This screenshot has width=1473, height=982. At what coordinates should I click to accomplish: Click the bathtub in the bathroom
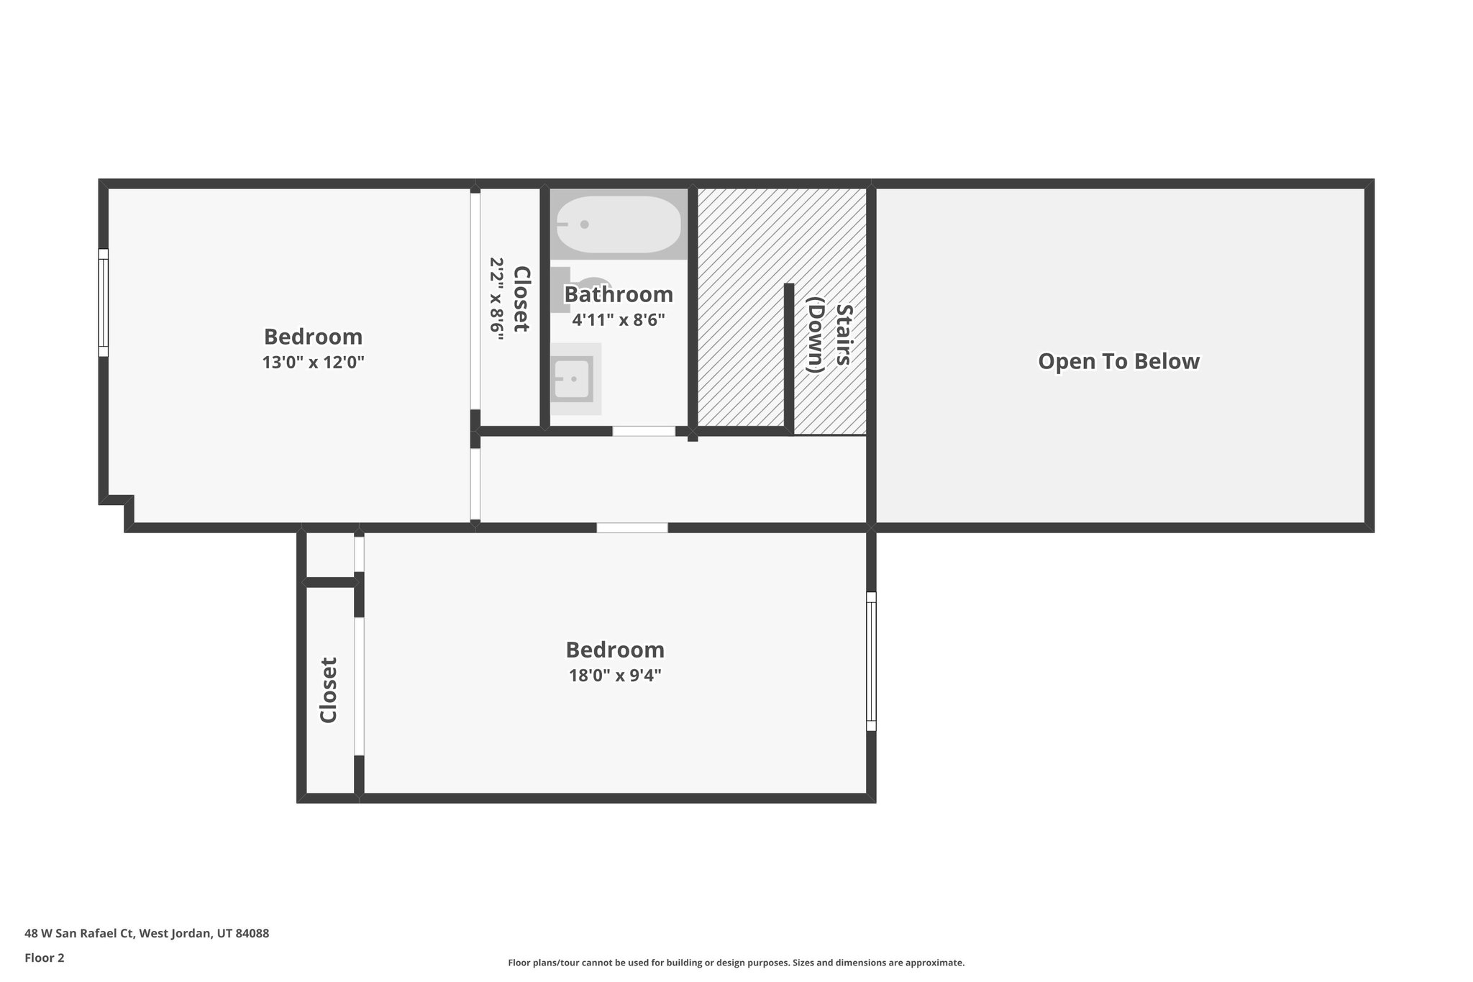pos(619,224)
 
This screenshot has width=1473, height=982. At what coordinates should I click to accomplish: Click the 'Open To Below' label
pos(1118,361)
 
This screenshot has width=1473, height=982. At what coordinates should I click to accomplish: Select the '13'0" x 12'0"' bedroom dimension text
pos(313,362)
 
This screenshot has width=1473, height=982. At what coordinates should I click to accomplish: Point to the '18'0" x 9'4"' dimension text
pos(615,675)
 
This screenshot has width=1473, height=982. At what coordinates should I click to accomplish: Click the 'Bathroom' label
pos(618,294)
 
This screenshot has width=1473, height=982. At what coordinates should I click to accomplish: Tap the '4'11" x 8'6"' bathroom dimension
pos(618,320)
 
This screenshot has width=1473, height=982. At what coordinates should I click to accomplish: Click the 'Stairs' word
pos(843,335)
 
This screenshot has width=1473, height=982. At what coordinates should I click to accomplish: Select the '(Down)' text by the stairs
pos(815,335)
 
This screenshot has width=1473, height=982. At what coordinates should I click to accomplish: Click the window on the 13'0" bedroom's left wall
pos(104,302)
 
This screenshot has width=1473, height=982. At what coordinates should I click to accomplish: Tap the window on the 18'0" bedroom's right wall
pos(871,661)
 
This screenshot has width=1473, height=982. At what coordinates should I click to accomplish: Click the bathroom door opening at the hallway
pos(644,431)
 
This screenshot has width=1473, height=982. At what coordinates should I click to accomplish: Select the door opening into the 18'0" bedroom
pos(631,527)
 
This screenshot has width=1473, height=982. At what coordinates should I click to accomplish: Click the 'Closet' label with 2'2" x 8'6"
pos(521,299)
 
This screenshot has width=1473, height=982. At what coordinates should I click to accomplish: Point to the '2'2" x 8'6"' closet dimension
pos(497,299)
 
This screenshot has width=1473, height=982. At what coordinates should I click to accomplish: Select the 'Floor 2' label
pos(45,958)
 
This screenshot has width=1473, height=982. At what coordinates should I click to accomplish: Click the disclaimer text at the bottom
pos(736,963)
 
